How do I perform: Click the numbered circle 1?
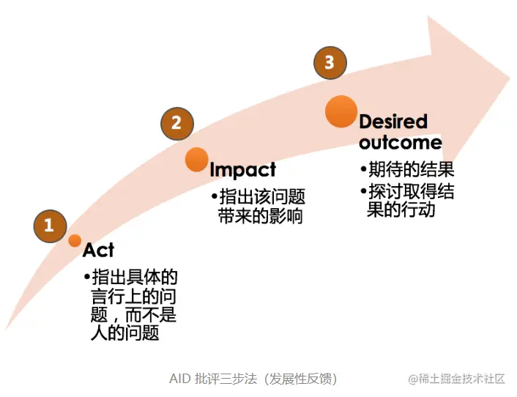pyautogui.click(x=49, y=226)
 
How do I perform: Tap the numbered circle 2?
pyautogui.click(x=176, y=123)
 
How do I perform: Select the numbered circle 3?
pyautogui.click(x=330, y=63)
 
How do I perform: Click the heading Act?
pyautogui.click(x=98, y=251)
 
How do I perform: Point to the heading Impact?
pyautogui.click(x=242, y=170)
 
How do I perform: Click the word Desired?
pyautogui.click(x=393, y=122)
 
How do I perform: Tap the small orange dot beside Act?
pyautogui.click(x=75, y=240)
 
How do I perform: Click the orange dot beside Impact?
pyautogui.click(x=196, y=159)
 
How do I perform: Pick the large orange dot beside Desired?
pyautogui.click(x=341, y=111)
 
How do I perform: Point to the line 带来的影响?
pyautogui.click(x=260, y=217)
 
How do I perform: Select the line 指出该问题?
pyautogui.click(x=261, y=197)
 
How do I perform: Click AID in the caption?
pyautogui.click(x=179, y=379)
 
